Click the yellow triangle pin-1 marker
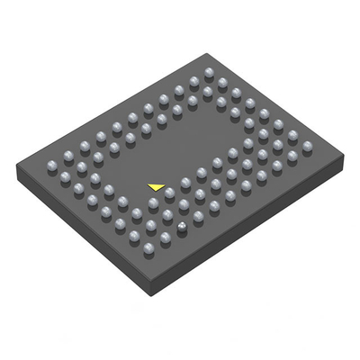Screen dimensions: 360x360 [157, 186]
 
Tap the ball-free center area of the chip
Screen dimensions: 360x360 [189, 144]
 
